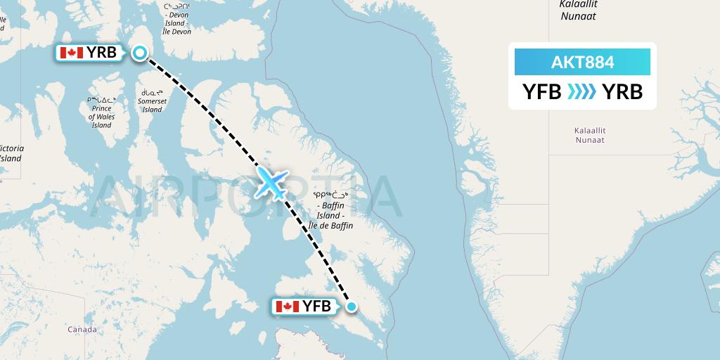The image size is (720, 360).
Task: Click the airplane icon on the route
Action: [271, 182]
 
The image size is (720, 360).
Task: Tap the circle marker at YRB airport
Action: [140, 53]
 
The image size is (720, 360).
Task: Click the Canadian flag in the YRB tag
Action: [71, 53]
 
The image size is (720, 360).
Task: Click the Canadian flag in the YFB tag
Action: [287, 307]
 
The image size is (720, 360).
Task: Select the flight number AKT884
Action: [582, 63]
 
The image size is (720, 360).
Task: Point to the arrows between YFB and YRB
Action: [582, 91]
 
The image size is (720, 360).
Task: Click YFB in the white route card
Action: [541, 91]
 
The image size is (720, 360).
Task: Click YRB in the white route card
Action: [623, 91]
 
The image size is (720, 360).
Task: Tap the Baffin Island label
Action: [330, 211]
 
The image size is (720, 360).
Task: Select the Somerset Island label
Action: [153, 101]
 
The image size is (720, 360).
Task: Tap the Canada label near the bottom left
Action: [82, 329]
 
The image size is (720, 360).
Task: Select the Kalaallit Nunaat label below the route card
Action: [589, 135]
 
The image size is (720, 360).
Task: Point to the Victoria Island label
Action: [10, 153]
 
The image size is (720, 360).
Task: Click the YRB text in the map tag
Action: [101, 53]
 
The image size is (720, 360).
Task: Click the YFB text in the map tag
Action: [316, 307]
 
